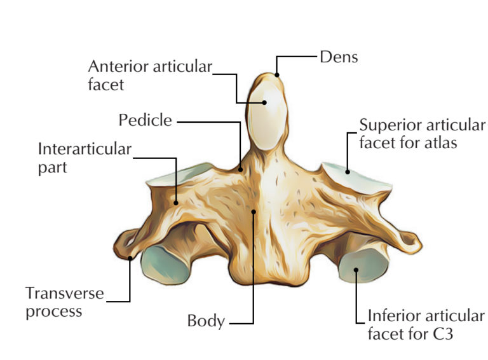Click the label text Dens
point(339,57)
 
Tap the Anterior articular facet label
point(150,75)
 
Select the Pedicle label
point(145,120)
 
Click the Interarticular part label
point(85,158)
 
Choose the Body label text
point(206,321)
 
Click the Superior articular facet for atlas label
point(422,134)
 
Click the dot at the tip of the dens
point(277,75)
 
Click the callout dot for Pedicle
point(240,169)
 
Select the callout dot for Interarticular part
point(177,203)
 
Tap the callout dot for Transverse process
point(130,258)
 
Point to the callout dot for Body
point(253,211)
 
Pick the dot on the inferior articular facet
point(356,269)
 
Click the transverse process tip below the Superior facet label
point(410,240)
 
